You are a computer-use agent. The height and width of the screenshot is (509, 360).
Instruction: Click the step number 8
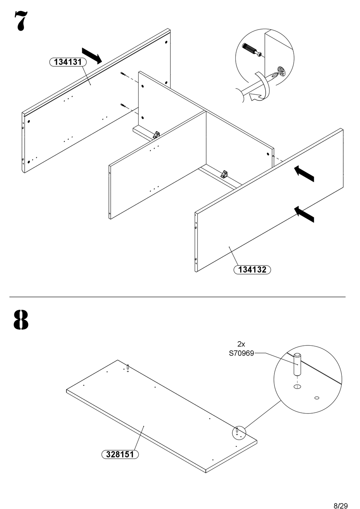pyautogui.click(x=21, y=320)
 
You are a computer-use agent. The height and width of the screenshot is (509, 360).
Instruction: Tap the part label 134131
pyautogui.click(x=68, y=62)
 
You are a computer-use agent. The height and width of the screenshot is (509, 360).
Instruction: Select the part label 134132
pyautogui.click(x=252, y=270)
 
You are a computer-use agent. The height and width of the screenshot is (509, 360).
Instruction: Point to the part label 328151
pyautogui.click(x=120, y=454)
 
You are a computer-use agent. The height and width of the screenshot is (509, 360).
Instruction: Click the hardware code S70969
pyautogui.click(x=241, y=354)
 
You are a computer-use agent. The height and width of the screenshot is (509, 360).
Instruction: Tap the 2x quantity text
pyautogui.click(x=241, y=344)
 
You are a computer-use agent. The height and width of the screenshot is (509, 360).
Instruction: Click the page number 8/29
pyautogui.click(x=340, y=505)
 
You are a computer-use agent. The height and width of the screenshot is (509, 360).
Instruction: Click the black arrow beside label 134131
pyautogui.click(x=92, y=56)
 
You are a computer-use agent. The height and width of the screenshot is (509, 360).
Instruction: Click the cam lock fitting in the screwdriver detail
pyautogui.click(x=281, y=71)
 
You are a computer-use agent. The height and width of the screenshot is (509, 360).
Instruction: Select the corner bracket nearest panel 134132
pyautogui.click(x=224, y=174)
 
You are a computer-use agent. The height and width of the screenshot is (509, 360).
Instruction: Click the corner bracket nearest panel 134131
pyautogui.click(x=156, y=134)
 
